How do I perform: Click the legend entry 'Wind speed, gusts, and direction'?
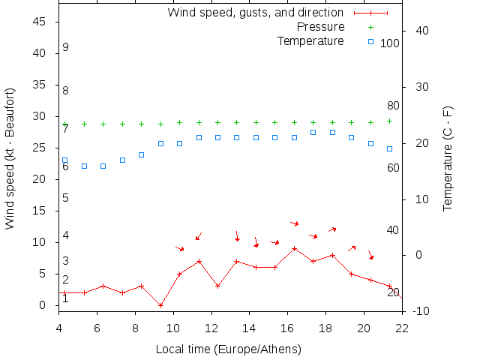tap(255, 13)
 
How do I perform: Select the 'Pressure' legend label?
tap(320, 27)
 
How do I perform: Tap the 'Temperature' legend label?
tap(310, 40)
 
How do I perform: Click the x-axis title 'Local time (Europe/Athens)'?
tap(228, 349)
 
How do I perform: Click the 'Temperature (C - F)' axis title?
tap(448, 158)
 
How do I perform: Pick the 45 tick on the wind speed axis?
tap(41, 22)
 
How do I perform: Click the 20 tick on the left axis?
tap(41, 179)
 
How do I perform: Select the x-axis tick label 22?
tap(402, 328)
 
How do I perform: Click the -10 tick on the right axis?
tap(421, 311)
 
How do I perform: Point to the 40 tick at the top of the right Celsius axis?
tap(421, 31)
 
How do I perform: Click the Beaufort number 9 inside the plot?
tap(66, 47)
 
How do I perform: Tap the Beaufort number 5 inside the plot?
tap(66, 198)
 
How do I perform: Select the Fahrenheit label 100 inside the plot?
tap(390, 43)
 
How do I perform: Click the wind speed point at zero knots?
tap(160, 305)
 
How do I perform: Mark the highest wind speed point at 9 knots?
tap(294, 248)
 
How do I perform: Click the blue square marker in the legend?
tap(370, 41)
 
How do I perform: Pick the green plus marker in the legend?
tap(370, 27)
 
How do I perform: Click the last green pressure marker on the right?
tap(389, 121)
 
